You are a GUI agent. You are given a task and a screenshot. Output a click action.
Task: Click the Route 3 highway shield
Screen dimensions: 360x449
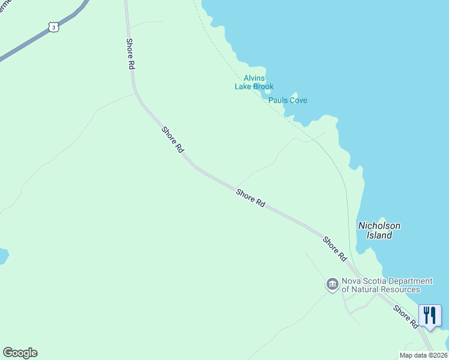pos(54,27)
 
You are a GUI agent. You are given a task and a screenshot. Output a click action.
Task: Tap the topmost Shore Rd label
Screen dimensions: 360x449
pos(130,54)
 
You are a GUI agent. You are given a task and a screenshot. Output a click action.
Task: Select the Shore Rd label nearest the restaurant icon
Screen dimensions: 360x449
pos(406,317)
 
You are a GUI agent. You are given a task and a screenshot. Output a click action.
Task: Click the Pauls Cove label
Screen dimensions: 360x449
pos(288,100)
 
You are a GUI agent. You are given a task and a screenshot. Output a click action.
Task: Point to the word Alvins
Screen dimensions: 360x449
pos(254,78)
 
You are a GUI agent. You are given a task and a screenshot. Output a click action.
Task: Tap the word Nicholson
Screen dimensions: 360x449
pos(379,226)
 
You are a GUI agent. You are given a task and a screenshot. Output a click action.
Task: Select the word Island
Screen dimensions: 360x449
pos(379,235)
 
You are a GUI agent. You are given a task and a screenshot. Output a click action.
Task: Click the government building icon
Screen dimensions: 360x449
pos(333,284)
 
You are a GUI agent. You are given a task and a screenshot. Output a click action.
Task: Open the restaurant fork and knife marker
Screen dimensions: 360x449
pos(430,315)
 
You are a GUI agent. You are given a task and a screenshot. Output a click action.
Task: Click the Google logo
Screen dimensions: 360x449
pos(20,353)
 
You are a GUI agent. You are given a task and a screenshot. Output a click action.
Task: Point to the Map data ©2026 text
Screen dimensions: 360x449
pos(423,355)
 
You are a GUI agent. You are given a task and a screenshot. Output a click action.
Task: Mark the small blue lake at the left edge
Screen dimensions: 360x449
pos(3,256)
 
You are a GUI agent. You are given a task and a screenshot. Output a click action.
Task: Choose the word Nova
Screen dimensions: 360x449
pos(352,281)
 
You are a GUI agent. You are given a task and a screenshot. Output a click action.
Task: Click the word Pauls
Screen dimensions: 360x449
pos(278,100)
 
